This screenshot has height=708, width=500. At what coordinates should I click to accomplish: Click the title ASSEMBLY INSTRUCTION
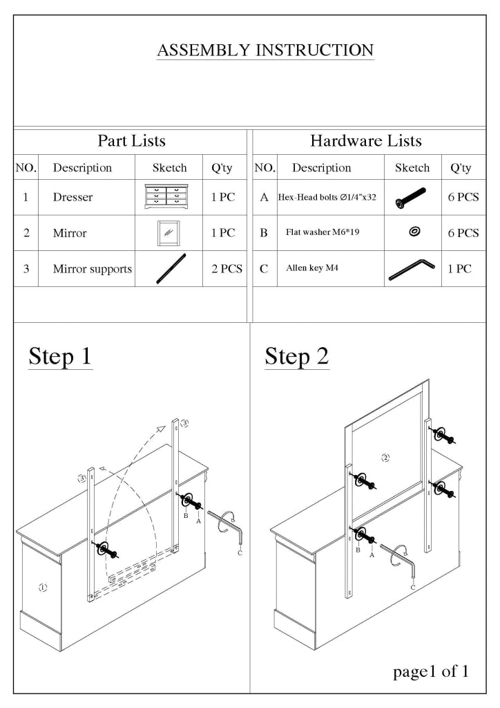(x=265, y=50)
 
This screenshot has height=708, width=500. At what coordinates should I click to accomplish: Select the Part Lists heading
(x=131, y=141)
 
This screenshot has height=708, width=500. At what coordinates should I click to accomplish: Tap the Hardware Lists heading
(x=365, y=141)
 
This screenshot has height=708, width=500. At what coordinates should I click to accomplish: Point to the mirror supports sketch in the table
(x=170, y=268)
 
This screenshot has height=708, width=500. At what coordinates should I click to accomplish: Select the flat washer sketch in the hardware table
(x=414, y=232)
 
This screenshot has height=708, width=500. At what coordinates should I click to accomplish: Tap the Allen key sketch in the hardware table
(x=412, y=269)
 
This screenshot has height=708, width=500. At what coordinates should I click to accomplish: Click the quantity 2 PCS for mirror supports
(x=226, y=269)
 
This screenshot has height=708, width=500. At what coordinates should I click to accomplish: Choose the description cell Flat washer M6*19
(x=323, y=232)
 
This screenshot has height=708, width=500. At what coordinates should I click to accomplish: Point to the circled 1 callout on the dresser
(x=43, y=588)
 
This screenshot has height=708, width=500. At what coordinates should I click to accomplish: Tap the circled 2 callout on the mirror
(x=386, y=458)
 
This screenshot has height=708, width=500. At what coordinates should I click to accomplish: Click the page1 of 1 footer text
(x=431, y=671)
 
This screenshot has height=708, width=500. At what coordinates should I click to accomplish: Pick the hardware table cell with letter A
(x=264, y=198)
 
